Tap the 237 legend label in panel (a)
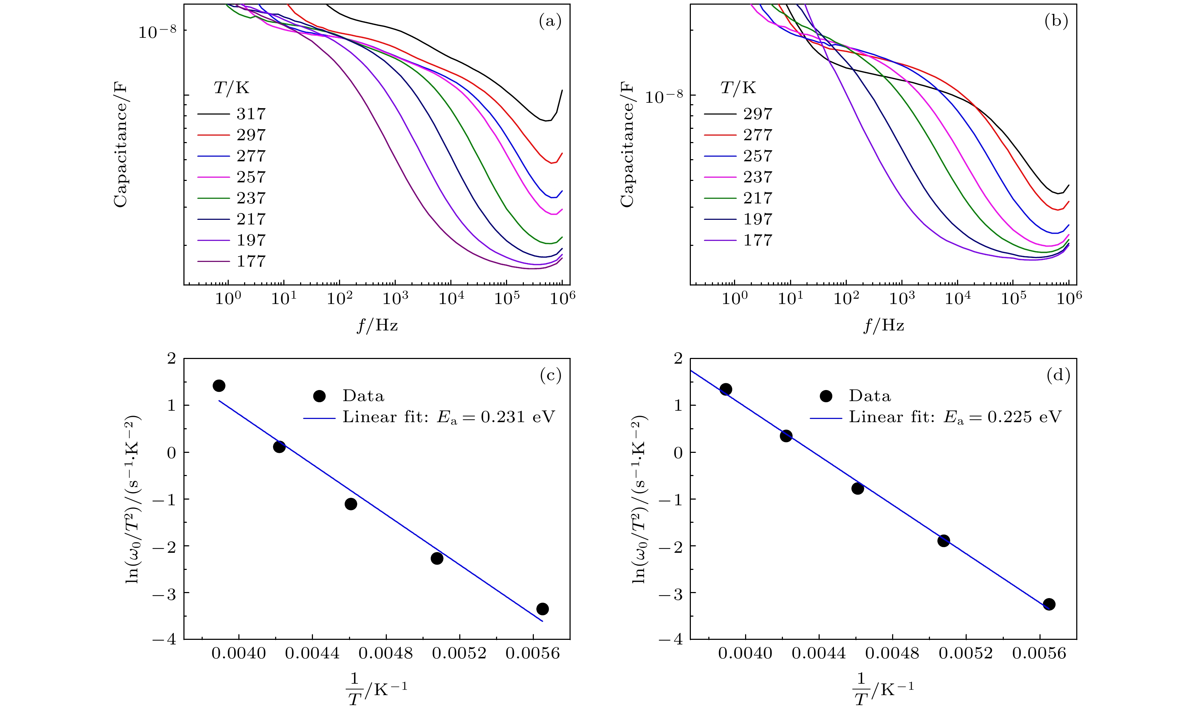pyautogui.click(x=251, y=198)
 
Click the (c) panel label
pyautogui.click(x=550, y=375)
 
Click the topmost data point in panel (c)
pyautogui.click(x=219, y=385)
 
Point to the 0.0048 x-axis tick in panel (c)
pyautogui.click(x=386, y=653)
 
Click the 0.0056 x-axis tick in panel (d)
pyautogui.click(x=1039, y=653)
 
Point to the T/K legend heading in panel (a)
pyautogui.click(x=231, y=88)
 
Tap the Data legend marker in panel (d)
pyautogui.click(x=826, y=396)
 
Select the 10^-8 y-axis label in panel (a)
pyautogui.click(x=157, y=32)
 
